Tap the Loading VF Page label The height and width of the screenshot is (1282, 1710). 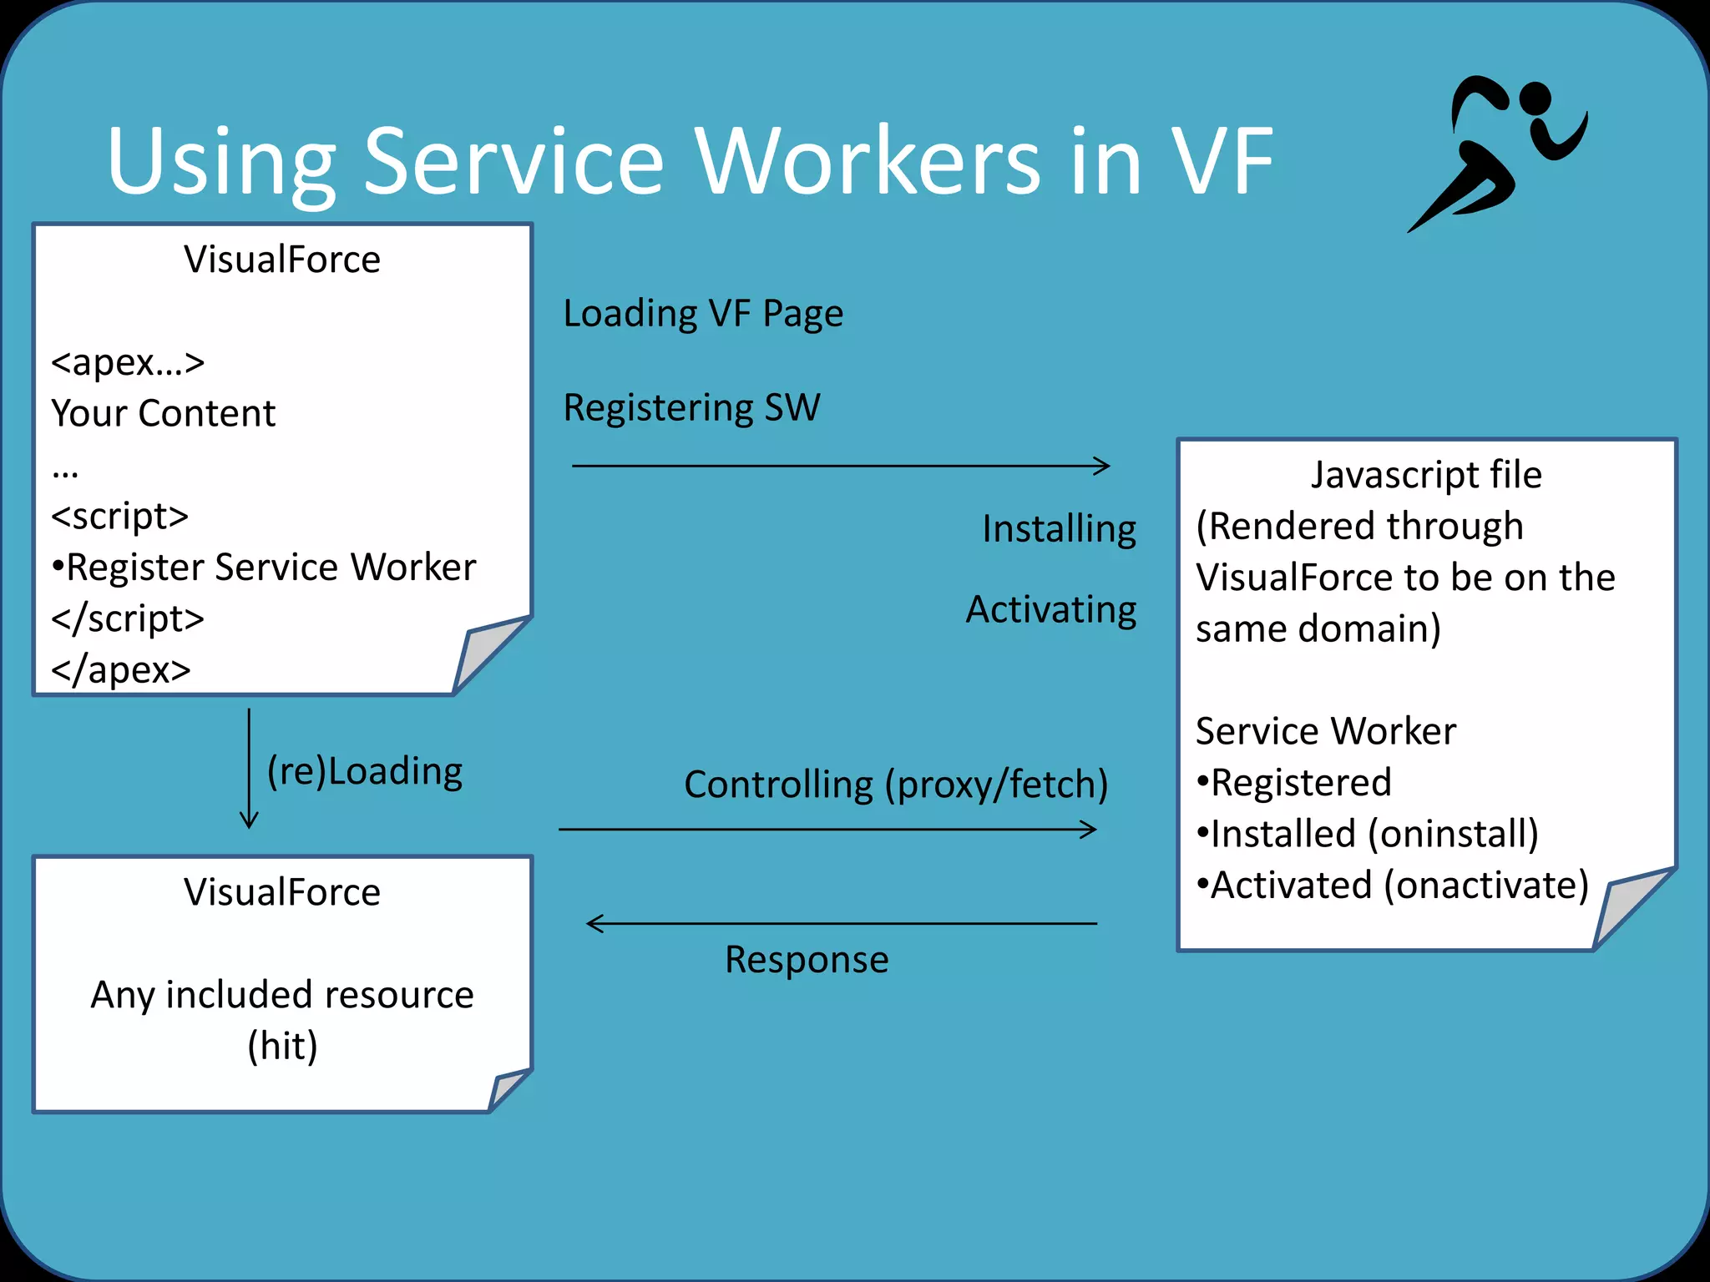pyautogui.click(x=703, y=314)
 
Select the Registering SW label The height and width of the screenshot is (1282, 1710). pyautogui.click(x=691, y=408)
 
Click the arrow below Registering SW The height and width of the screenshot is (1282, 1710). pyautogui.click(x=840, y=466)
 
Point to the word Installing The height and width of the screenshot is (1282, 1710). pyautogui.click(x=1059, y=529)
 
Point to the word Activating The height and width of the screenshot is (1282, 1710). pyautogui.click(x=1050, y=610)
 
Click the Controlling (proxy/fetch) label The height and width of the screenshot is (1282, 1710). pyautogui.click(x=895, y=785)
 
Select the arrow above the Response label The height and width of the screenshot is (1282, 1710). pyautogui.click(x=842, y=923)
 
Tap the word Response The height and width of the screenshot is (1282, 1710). pyautogui.click(x=807, y=960)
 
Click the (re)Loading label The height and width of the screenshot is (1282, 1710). pyautogui.click(x=364, y=771)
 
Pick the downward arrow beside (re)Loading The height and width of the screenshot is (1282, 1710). pyautogui.click(x=249, y=768)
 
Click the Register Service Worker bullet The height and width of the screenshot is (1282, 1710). pyautogui.click(x=264, y=568)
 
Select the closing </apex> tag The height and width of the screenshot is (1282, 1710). pyautogui.click(x=121, y=670)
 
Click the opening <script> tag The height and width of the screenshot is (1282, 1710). pyautogui.click(x=119, y=516)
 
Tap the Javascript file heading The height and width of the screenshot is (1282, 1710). pyautogui.click(x=1425, y=475)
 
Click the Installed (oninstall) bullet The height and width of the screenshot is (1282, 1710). pyautogui.click(x=1368, y=834)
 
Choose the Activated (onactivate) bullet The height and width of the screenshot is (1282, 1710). pyautogui.click(x=1393, y=886)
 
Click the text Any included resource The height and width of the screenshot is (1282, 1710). pyautogui.click(x=282, y=995)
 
